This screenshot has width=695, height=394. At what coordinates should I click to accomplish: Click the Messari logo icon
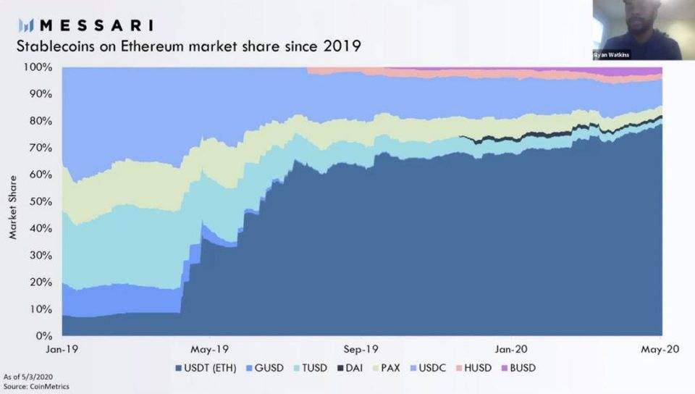pos(27,26)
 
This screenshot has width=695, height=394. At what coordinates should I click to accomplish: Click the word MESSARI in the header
pos(96,26)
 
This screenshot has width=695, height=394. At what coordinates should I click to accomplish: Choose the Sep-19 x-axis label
pos(363,348)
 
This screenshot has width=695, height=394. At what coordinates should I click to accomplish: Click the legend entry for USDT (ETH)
pos(210,368)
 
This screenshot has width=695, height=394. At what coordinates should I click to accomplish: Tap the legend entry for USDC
pos(431,368)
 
